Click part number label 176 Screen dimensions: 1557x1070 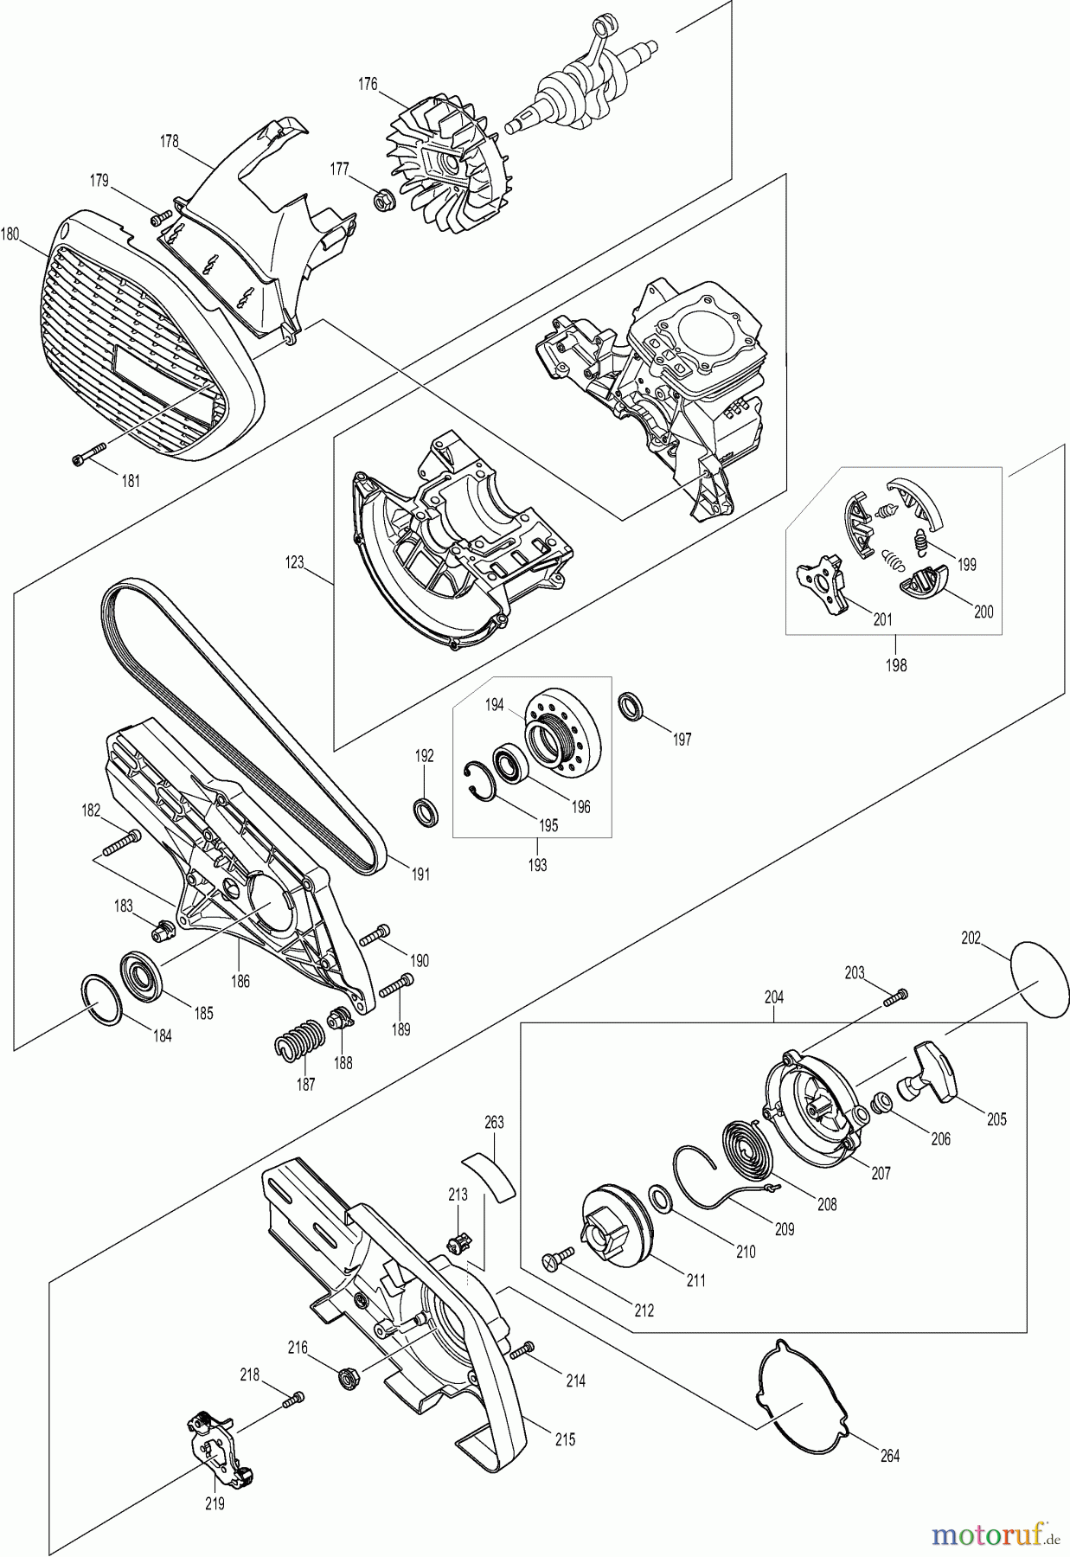pyautogui.click(x=368, y=84)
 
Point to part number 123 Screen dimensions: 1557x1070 pyautogui.click(x=295, y=563)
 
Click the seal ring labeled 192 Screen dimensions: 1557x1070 pyautogui.click(x=424, y=812)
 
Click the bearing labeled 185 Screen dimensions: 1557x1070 pyautogui.click(x=144, y=976)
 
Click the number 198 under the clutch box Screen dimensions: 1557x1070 pyautogui.click(x=895, y=666)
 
